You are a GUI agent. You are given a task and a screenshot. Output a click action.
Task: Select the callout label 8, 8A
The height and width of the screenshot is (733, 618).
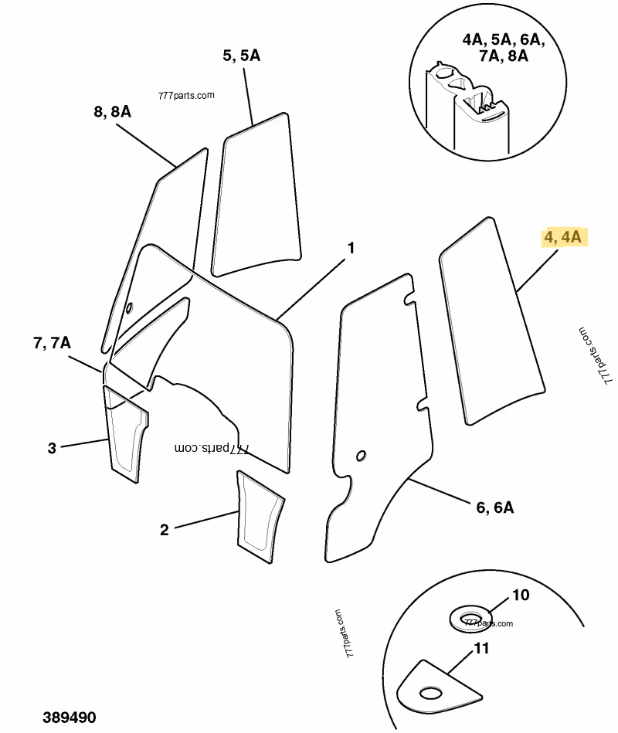(112, 111)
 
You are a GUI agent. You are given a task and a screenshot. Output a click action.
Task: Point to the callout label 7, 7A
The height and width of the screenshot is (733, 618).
(52, 343)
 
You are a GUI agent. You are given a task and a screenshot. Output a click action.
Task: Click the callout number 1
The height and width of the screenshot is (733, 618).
(351, 248)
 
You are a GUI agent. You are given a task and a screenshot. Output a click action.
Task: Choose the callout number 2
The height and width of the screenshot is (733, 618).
(164, 530)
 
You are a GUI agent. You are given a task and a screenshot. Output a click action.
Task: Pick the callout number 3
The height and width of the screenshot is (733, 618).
(52, 447)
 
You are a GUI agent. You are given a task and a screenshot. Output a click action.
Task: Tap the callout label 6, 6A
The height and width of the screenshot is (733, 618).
(494, 507)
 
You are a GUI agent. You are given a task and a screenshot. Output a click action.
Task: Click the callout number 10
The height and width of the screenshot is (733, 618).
(521, 596)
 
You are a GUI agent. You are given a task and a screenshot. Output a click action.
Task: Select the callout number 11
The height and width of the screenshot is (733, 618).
(481, 649)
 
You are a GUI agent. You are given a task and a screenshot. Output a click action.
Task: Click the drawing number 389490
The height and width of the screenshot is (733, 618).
(70, 718)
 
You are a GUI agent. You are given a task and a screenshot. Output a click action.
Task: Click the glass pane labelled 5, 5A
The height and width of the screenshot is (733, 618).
(256, 193)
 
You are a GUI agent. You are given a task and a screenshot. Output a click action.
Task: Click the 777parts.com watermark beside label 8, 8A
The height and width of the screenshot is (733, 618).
(185, 96)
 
